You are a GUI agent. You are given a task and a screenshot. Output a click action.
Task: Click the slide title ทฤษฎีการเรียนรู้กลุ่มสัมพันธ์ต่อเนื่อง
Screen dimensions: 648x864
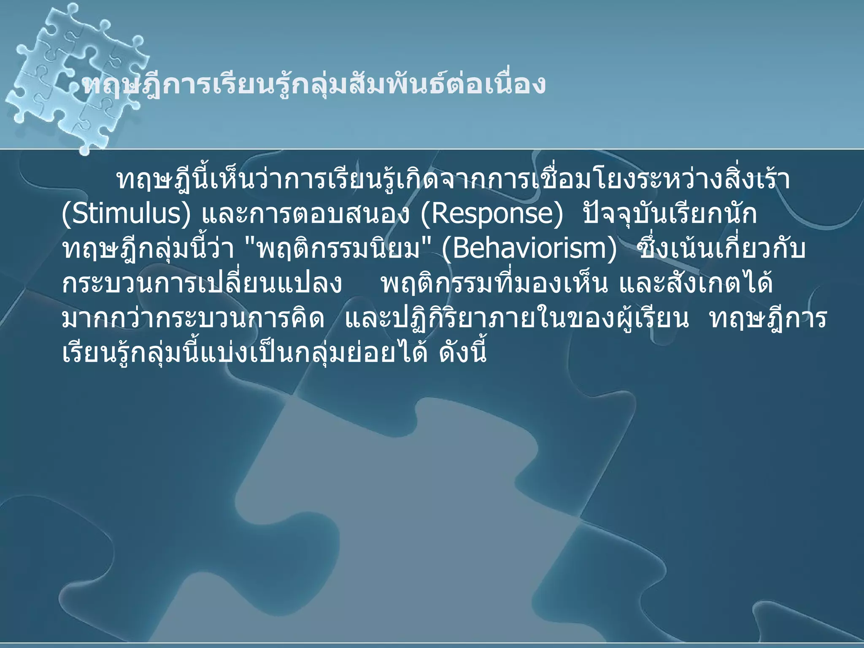pyautogui.click(x=314, y=84)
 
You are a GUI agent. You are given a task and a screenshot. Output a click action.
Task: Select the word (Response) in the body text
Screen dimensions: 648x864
pyautogui.click(x=492, y=214)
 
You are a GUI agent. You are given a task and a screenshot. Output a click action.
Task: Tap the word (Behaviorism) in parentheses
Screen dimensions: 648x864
pyautogui.click(x=529, y=249)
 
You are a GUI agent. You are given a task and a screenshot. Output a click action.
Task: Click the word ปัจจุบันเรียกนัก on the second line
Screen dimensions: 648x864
pyautogui.click(x=670, y=214)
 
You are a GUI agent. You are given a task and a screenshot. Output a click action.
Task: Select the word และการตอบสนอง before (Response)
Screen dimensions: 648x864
pyautogui.click(x=305, y=214)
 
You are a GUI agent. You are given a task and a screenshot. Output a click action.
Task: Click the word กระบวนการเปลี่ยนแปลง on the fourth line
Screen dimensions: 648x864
pyautogui.click(x=202, y=284)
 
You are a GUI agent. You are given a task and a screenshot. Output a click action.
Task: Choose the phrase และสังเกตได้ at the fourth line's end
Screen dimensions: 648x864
pyautogui.click(x=696, y=284)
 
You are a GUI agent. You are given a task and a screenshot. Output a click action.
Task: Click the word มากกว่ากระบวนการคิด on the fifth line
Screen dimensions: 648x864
pyautogui.click(x=193, y=319)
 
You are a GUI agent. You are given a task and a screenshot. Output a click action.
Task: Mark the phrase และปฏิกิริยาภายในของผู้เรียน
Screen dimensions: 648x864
pyautogui.click(x=517, y=319)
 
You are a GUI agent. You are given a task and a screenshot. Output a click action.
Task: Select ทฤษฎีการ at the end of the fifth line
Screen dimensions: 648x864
pyautogui.click(x=768, y=319)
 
